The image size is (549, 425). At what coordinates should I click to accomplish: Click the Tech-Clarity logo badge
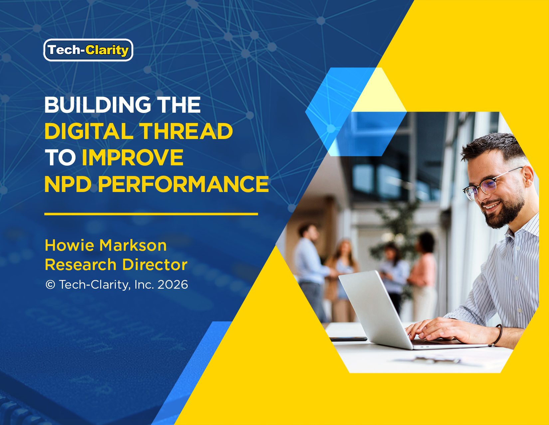click(88, 50)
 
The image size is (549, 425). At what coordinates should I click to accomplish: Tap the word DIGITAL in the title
click(89, 131)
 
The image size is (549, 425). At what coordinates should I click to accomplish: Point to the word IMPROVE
click(133, 157)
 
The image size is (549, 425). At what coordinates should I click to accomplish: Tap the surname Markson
click(133, 245)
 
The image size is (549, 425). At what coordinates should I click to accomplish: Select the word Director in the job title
click(155, 265)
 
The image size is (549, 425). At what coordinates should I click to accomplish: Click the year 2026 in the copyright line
click(173, 285)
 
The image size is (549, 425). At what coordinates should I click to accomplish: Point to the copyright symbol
click(50, 285)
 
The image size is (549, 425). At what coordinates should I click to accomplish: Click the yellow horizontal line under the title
click(151, 214)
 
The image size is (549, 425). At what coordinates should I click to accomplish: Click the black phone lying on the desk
click(348, 339)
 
